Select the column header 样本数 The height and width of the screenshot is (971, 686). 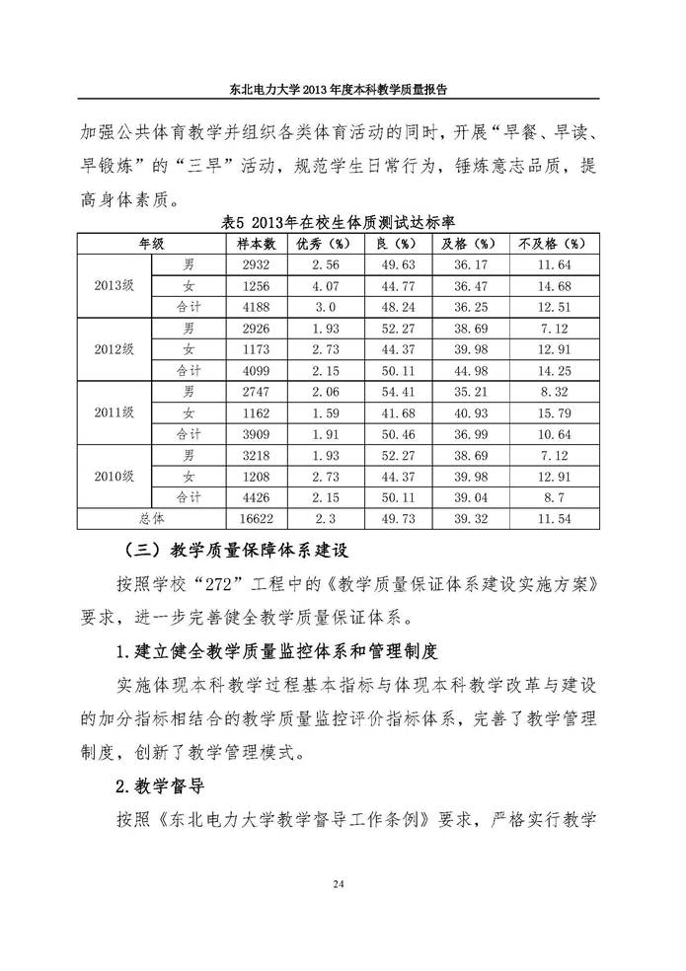[x=257, y=243]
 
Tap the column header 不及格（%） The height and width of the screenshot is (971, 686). [x=551, y=243]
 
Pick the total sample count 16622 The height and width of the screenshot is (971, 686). [x=257, y=519]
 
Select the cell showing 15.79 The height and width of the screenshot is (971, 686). [x=551, y=413]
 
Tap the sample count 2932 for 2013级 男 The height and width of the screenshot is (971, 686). [x=257, y=264]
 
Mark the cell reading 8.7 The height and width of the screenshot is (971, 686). [x=551, y=498]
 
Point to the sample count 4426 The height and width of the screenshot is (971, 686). [x=257, y=498]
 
